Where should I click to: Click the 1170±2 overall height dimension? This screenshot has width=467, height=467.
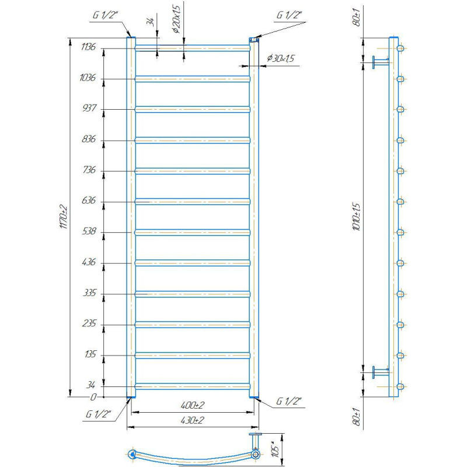(x=64, y=217)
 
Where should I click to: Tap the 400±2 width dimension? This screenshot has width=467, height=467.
(x=193, y=405)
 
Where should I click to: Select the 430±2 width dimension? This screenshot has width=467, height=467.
(x=193, y=420)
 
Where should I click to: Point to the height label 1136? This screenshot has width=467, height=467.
(x=89, y=47)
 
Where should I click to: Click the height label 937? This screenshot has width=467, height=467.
(x=89, y=107)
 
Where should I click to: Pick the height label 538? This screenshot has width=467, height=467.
(x=89, y=231)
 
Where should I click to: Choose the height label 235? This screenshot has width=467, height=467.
(x=89, y=323)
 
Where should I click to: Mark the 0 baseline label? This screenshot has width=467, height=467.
(x=93, y=397)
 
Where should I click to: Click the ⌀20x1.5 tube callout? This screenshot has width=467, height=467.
(x=177, y=19)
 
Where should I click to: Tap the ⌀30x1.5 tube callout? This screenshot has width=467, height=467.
(x=281, y=58)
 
